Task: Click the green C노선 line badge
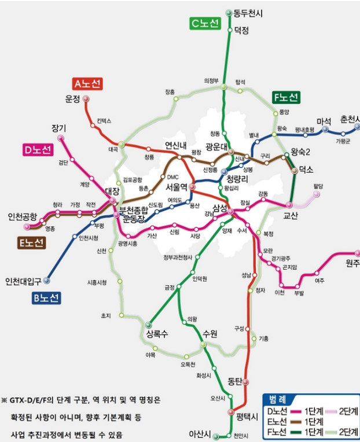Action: pyautogui.click(x=205, y=23)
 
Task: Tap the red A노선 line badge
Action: pyautogui.click(x=88, y=84)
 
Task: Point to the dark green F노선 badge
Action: pyautogui.click(x=286, y=97)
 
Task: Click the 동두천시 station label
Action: pyautogui.click(x=248, y=13)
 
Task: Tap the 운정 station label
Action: pyautogui.click(x=72, y=99)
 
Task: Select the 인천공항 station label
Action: pyautogui.click(x=22, y=217)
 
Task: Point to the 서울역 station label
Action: pyautogui.click(x=177, y=187)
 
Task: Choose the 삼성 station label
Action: pyautogui.click(x=219, y=208)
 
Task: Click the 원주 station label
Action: pyautogui.click(x=352, y=263)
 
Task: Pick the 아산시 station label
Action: pyautogui.click(x=200, y=434)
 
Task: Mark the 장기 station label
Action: pyautogui.click(x=59, y=128)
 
